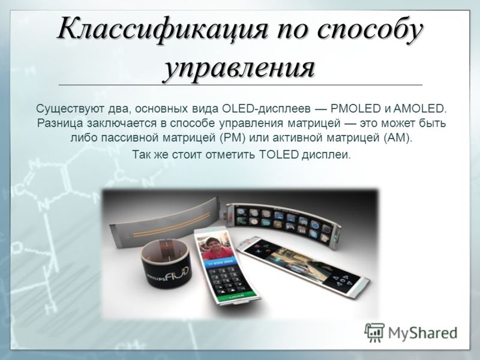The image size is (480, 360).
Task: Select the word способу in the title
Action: coord(370,31)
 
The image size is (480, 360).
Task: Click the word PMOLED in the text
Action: coord(355,109)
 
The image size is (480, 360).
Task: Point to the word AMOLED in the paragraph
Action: coord(420,109)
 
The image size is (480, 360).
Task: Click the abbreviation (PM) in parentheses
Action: coord(233,138)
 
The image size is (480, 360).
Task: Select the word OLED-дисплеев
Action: coord(266,109)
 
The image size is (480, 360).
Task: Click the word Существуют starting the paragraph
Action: coord(70,109)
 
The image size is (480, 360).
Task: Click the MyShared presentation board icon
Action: coord(374,332)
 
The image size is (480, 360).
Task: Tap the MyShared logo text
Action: coord(423,333)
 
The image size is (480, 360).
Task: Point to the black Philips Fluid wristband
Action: coord(166,263)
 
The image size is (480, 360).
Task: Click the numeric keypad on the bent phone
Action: coord(225,279)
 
